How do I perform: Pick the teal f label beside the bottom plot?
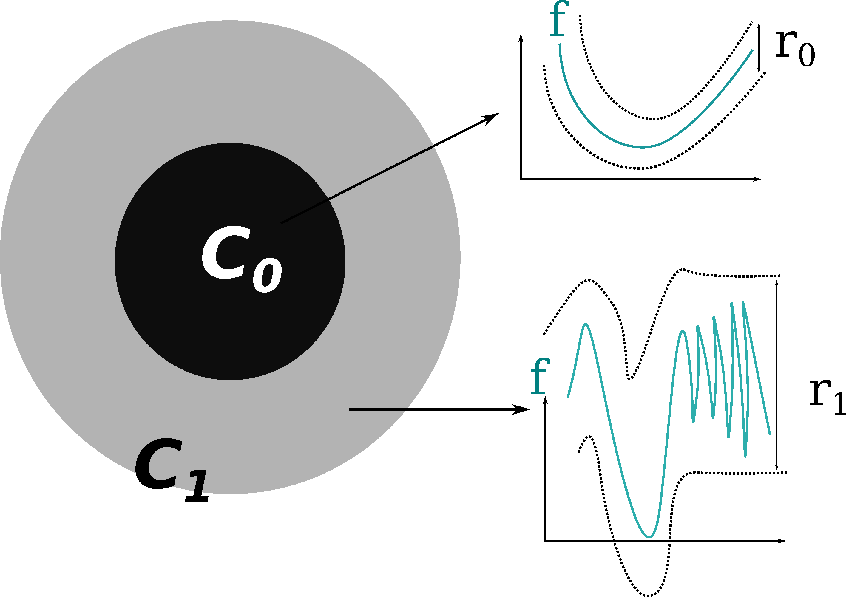pyautogui.click(x=540, y=376)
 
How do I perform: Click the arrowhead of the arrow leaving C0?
pyautogui.click(x=492, y=117)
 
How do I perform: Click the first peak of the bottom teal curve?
pyautogui.click(x=586, y=324)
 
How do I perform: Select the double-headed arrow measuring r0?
pyautogui.click(x=759, y=48)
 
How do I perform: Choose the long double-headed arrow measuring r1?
pyautogui.click(x=777, y=376)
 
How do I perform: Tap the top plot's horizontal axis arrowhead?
pyautogui.click(x=757, y=179)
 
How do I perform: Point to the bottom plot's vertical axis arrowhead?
pyautogui.click(x=545, y=400)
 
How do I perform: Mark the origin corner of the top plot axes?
pyautogui.click(x=521, y=179)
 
